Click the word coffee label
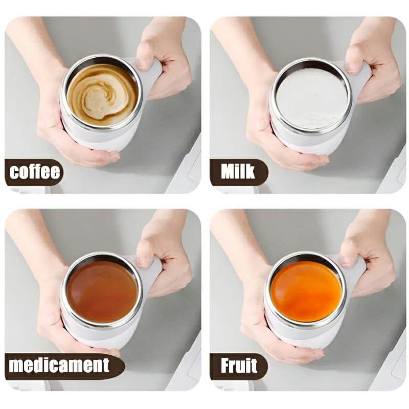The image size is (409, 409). (x=35, y=172)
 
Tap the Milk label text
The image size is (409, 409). (x=238, y=172)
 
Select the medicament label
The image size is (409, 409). (x=59, y=365)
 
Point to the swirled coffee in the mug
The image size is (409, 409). (x=102, y=95)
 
